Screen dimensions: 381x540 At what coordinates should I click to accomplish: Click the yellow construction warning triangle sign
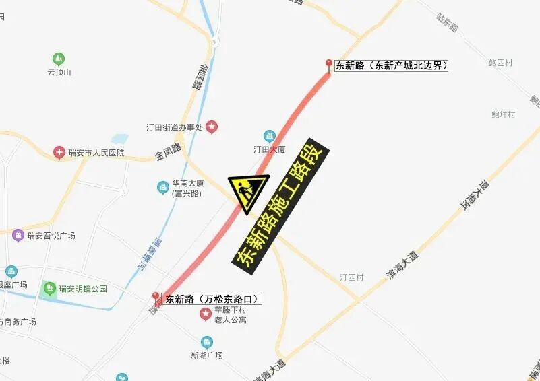click(x=247, y=190)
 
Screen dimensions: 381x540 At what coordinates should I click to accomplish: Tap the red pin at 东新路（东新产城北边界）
click(x=329, y=65)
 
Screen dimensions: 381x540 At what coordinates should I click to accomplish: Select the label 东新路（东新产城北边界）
click(x=392, y=65)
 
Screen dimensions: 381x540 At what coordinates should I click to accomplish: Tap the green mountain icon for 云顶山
click(x=59, y=59)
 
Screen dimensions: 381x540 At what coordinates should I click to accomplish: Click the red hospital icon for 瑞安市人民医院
click(x=59, y=153)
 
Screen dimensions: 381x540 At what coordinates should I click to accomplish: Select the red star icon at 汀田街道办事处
click(x=212, y=126)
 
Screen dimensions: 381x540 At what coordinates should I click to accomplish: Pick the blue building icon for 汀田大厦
click(x=269, y=136)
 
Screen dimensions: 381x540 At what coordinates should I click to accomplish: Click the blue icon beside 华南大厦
click(x=162, y=187)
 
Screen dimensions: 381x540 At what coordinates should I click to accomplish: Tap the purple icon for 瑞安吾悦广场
click(x=18, y=236)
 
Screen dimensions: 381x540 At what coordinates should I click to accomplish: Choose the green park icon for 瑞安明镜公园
click(x=49, y=289)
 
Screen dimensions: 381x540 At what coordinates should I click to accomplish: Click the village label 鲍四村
click(x=501, y=63)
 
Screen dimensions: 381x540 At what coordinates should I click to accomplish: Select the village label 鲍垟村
click(x=503, y=114)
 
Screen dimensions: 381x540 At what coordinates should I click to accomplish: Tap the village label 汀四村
click(x=351, y=277)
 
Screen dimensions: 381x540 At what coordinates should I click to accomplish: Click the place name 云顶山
click(x=59, y=72)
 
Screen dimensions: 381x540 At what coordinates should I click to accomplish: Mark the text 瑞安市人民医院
click(x=96, y=153)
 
